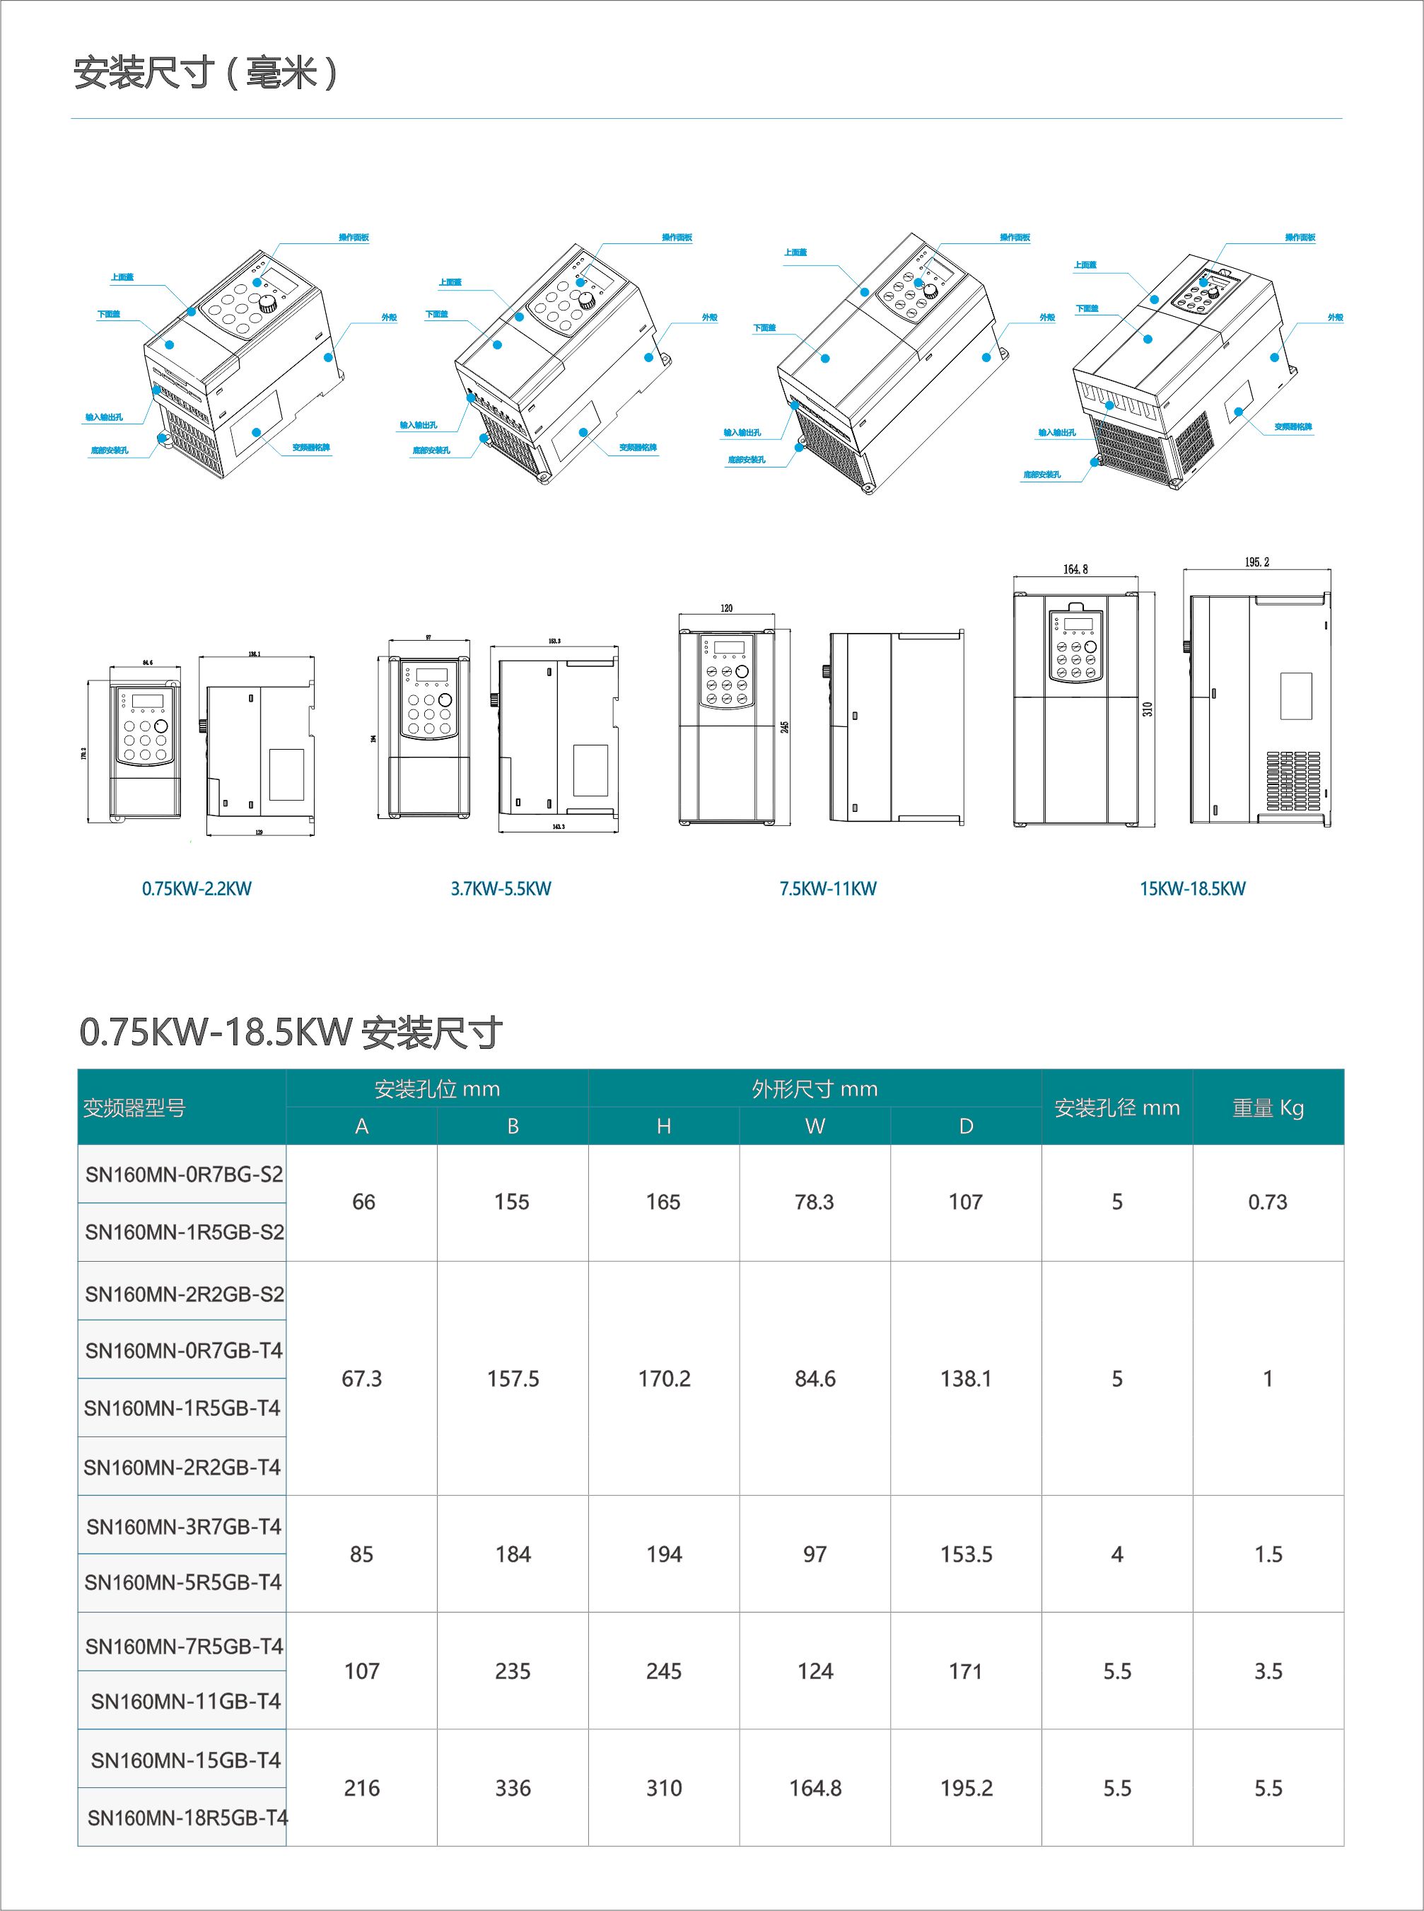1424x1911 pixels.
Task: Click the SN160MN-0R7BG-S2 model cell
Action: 184,1174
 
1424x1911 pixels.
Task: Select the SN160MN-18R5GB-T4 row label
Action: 187,1818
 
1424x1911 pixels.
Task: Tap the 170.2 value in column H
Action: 664,1379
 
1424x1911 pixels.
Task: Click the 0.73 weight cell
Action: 1267,1202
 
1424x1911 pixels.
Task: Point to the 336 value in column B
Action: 513,1789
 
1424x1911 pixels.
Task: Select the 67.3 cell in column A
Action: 362,1379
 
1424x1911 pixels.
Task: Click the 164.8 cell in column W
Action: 815,1789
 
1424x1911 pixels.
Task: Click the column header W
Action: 815,1127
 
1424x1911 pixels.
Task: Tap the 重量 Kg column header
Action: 1267,1108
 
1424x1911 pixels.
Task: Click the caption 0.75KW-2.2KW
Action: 197,889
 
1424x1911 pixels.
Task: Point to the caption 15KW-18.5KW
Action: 1192,889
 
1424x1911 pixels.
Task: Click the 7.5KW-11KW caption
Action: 827,889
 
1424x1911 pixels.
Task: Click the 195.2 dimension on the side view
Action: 1256,562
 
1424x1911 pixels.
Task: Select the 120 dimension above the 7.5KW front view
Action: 727,608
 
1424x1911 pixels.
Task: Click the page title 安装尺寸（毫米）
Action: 204,74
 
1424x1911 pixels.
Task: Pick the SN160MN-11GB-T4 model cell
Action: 185,1701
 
